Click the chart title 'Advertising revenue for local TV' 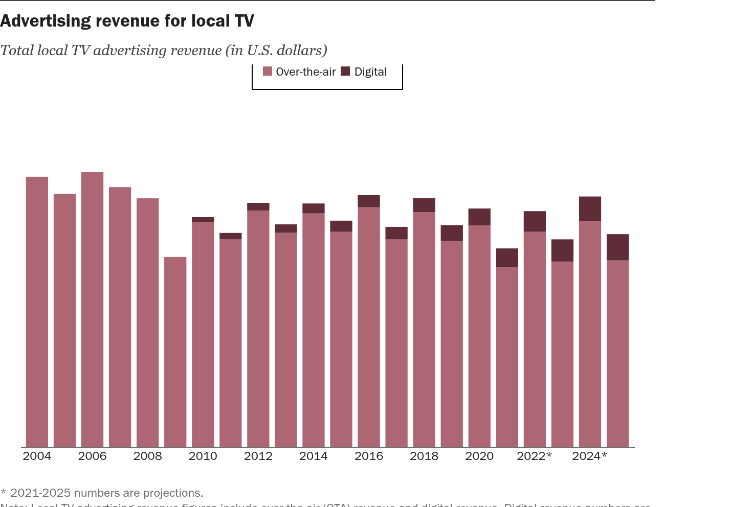pos(127,21)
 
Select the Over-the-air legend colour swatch pos(268,72)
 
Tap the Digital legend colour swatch pos(346,72)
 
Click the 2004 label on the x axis pos(37,456)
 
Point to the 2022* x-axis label pos(534,456)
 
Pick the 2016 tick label pos(368,456)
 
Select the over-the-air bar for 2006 pos(92,310)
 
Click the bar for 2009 pos(175,352)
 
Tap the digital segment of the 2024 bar pos(590,209)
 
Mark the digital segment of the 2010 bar pos(203,219)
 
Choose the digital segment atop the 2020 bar pos(479,217)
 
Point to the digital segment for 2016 pos(369,201)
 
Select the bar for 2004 pos(37,312)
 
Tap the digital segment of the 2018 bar pos(424,205)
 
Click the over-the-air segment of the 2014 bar pos(314,330)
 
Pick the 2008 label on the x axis pos(147,456)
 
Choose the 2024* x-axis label pos(589,456)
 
